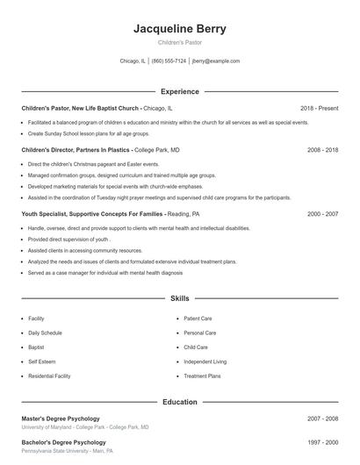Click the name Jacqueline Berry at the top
pyautogui.click(x=179, y=29)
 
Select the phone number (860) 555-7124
pyautogui.click(x=169, y=61)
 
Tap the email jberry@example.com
pyautogui.click(x=215, y=61)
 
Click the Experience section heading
pyautogui.click(x=179, y=91)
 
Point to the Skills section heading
pyautogui.click(x=179, y=298)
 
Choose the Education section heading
pyautogui.click(x=179, y=402)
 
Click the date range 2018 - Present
pyautogui.click(x=319, y=108)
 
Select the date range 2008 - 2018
pyautogui.click(x=322, y=150)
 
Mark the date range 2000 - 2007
pyautogui.click(x=322, y=213)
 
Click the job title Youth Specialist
pyautogui.click(x=50, y=213)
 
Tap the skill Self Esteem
pyautogui.click(x=42, y=361)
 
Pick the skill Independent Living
pyautogui.click(x=205, y=361)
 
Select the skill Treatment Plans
pyautogui.click(x=202, y=376)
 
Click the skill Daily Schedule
pyautogui.click(x=45, y=333)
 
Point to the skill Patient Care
pyautogui.click(x=198, y=318)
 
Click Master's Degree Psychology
pyautogui.click(x=61, y=418)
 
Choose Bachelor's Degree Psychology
pyautogui.click(x=63, y=442)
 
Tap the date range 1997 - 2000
pyautogui.click(x=322, y=442)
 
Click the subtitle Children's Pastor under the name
pyautogui.click(x=179, y=42)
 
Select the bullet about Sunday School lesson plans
pyautogui.click(x=89, y=134)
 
